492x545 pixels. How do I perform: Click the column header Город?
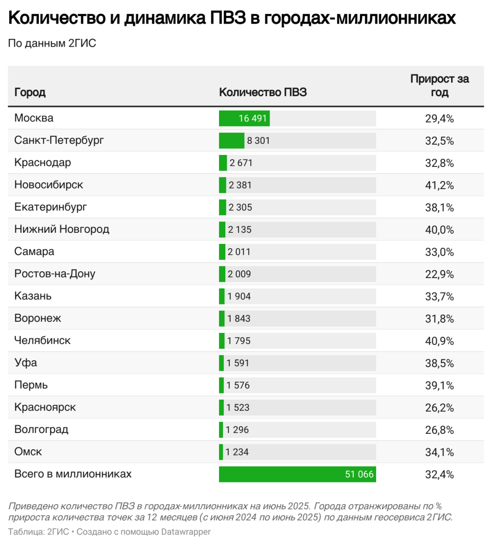click(30, 92)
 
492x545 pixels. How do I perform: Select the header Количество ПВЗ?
click(262, 92)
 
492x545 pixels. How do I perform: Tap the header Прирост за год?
click(439, 86)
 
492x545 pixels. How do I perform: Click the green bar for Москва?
click(244, 118)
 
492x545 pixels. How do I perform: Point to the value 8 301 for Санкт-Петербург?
click(258, 141)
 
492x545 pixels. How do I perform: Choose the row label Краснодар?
click(43, 163)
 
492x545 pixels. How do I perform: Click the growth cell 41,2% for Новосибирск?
click(439, 185)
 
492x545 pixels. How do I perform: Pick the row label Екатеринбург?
click(51, 207)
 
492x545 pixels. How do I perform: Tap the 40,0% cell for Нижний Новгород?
click(439, 229)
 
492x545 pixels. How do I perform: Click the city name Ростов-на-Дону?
click(55, 274)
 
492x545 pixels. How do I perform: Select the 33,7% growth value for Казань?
click(439, 296)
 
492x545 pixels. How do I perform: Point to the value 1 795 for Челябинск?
click(239, 341)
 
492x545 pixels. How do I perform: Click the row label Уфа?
click(25, 363)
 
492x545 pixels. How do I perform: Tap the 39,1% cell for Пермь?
click(439, 385)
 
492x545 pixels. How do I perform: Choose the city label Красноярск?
click(45, 407)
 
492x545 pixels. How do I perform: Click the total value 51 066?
click(359, 474)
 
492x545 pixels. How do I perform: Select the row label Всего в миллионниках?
click(73, 474)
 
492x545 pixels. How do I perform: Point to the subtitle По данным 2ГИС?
click(52, 43)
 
